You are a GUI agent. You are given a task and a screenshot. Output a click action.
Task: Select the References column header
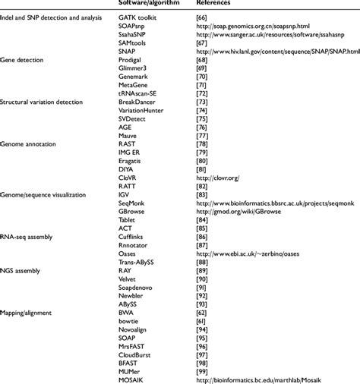pyautogui.click(x=214, y=4)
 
